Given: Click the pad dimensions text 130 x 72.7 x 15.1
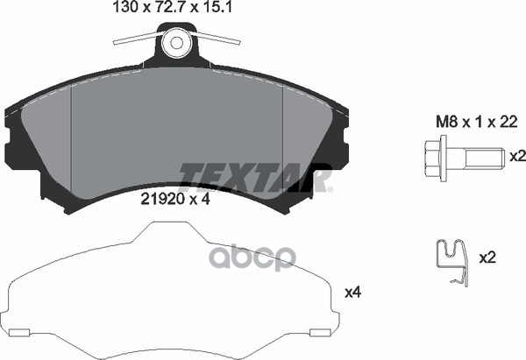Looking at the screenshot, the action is pyautogui.click(x=173, y=7).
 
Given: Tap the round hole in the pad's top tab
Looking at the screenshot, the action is pyautogui.click(x=176, y=43).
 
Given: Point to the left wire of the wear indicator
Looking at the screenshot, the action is pyautogui.click(x=138, y=38).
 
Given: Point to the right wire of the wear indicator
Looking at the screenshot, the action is pyautogui.click(x=217, y=38).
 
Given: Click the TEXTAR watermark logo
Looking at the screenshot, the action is pyautogui.click(x=254, y=178).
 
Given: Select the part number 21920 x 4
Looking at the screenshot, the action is pyautogui.click(x=175, y=200).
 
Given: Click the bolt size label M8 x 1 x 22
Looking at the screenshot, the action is pyautogui.click(x=476, y=122).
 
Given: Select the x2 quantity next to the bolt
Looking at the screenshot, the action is pyautogui.click(x=517, y=156).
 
